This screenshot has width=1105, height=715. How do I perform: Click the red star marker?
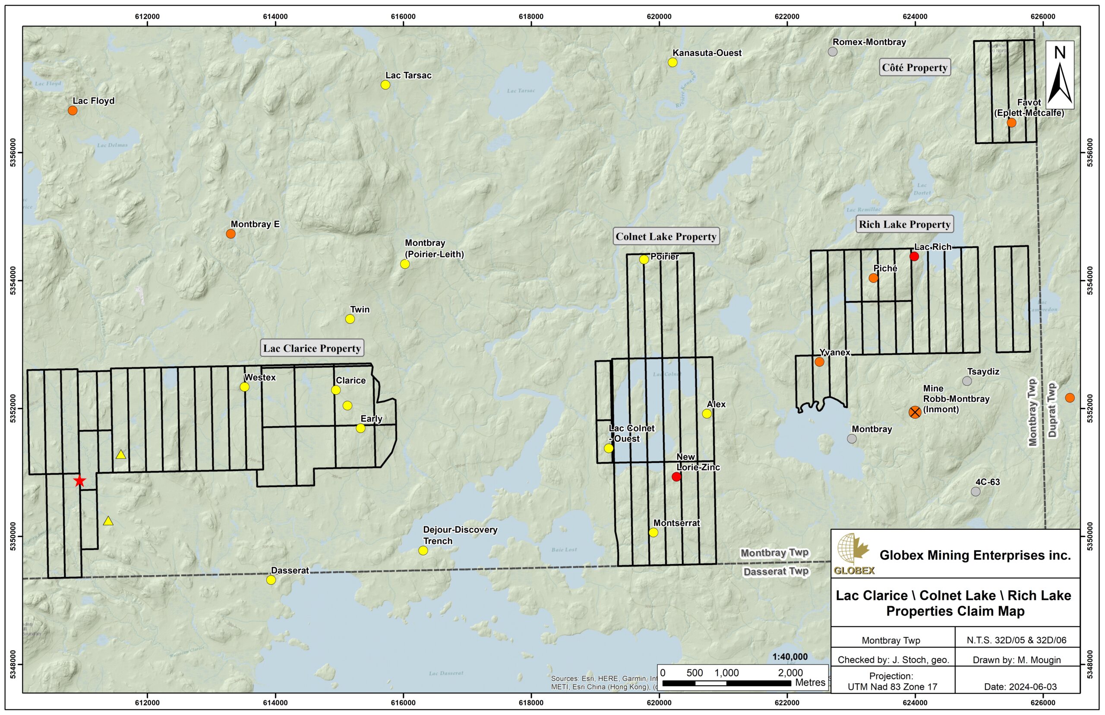80,481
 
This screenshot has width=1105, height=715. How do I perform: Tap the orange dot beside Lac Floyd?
73,111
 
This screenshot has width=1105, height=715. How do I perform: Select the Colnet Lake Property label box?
666,237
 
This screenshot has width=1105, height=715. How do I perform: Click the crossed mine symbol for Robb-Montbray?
915,412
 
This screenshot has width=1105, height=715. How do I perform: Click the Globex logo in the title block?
853,554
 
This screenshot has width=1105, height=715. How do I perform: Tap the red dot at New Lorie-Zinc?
676,477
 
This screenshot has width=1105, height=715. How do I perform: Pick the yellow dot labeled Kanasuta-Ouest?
672,62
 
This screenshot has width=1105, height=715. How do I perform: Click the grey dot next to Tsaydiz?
967,381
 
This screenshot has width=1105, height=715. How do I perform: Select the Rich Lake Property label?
905,225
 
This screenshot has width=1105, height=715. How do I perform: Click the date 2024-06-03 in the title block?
1017,687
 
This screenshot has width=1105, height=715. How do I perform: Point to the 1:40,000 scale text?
789,657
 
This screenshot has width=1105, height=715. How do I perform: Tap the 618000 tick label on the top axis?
531,17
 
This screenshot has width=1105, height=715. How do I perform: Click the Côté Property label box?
914,68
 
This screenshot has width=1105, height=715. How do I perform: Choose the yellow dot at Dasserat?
271,580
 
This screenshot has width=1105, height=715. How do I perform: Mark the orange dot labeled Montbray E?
230,234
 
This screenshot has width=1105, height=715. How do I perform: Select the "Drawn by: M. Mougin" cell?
1017,660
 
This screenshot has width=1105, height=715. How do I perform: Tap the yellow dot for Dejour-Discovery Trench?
423,550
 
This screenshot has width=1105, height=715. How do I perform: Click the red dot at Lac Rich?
914,256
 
